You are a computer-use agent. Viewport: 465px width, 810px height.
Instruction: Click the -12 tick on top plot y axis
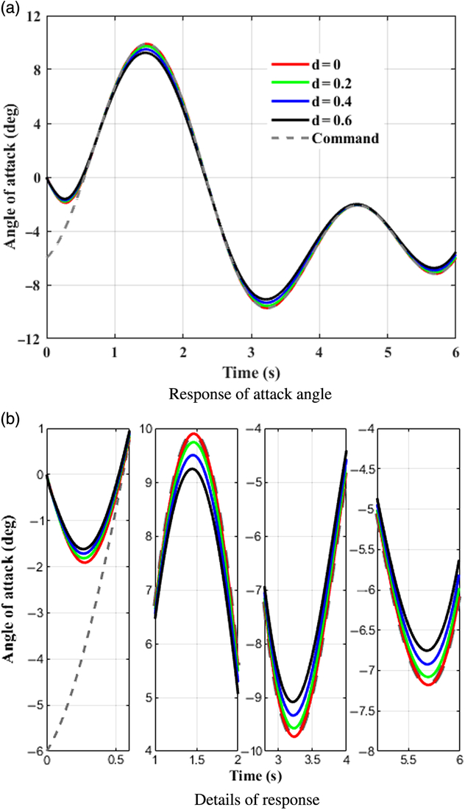29,339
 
